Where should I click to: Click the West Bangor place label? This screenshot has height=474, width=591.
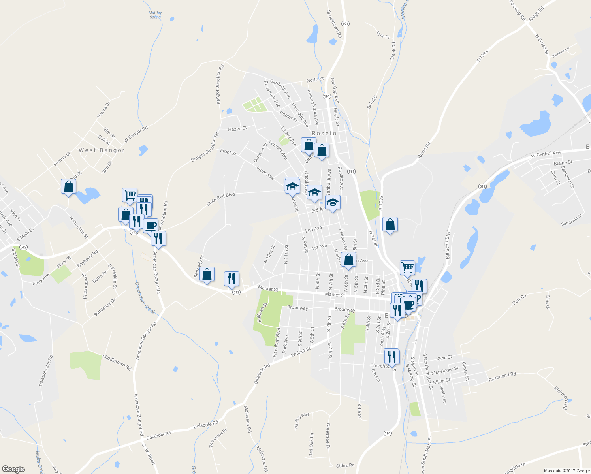(102, 150)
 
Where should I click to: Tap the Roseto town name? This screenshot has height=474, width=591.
(324, 134)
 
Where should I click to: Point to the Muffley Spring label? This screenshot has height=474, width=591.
(155, 15)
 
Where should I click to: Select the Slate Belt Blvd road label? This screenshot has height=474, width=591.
(220, 199)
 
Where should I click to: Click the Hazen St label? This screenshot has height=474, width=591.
(237, 129)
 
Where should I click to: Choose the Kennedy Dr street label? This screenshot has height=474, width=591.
(198, 266)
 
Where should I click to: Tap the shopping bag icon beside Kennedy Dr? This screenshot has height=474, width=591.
(207, 274)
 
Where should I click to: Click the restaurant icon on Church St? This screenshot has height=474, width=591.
(391, 356)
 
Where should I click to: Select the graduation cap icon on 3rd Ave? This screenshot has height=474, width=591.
(333, 202)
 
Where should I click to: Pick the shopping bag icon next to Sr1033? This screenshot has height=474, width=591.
(390, 225)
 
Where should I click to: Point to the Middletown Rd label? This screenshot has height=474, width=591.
(117, 362)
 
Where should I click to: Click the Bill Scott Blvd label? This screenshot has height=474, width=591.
(448, 245)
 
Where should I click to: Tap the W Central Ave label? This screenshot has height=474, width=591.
(546, 154)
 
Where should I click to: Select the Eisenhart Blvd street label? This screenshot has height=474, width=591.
(276, 342)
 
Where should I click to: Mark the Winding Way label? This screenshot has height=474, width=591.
(301, 421)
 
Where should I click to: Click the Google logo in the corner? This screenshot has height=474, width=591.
(13, 469)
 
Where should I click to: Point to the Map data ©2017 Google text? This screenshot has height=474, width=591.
(567, 471)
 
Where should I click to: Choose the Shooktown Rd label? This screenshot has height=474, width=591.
(334, 24)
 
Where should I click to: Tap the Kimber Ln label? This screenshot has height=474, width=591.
(561, 52)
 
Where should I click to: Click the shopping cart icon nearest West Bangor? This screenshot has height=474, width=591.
(130, 194)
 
